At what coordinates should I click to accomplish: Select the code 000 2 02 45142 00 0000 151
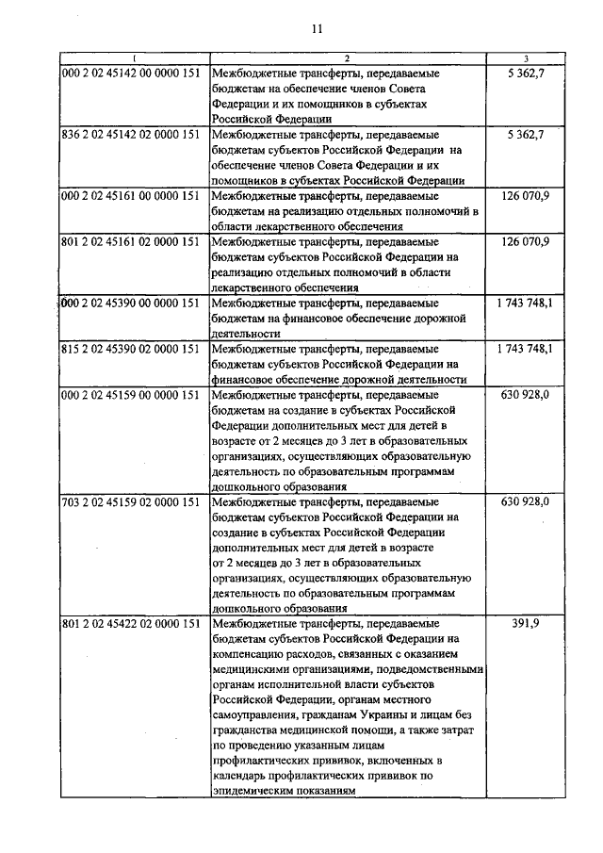pyautogui.click(x=128, y=73)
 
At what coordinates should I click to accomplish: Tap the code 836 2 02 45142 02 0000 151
pyautogui.click(x=128, y=135)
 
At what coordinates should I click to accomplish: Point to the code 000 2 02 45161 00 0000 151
pyautogui.click(x=128, y=196)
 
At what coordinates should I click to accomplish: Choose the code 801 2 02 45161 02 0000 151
pyautogui.click(x=128, y=242)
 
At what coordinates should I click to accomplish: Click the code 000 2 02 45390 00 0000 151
pyautogui.click(x=128, y=303)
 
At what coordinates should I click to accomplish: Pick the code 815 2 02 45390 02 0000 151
pyautogui.click(x=128, y=350)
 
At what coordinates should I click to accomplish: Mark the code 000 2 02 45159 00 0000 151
pyautogui.click(x=128, y=395)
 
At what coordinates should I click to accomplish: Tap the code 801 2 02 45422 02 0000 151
pyautogui.click(x=128, y=625)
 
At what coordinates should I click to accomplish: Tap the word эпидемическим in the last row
pyautogui.click(x=254, y=793)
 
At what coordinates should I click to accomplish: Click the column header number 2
pyautogui.click(x=346, y=58)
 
